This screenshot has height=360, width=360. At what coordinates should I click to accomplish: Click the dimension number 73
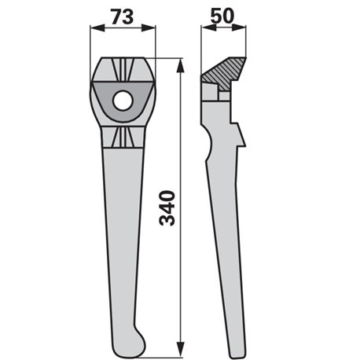click(x=122, y=17)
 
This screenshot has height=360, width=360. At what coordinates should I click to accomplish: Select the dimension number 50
click(x=222, y=16)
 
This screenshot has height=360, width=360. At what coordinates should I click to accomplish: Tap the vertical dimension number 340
click(x=167, y=208)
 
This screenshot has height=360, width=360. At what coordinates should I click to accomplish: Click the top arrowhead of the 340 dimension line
click(x=181, y=65)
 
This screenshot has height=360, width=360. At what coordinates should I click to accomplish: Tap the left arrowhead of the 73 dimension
click(x=97, y=28)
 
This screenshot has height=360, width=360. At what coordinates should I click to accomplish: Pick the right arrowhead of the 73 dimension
click(x=149, y=28)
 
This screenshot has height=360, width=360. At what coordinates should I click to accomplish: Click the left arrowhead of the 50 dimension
click(x=208, y=28)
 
